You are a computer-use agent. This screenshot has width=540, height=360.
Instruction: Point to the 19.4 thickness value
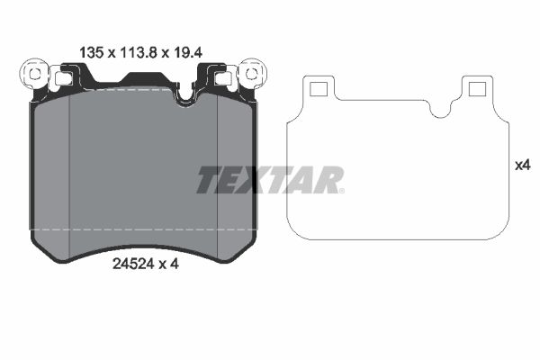(186, 52)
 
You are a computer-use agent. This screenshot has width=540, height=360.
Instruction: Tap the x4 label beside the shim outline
(522, 166)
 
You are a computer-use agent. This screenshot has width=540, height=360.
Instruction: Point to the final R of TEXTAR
(326, 180)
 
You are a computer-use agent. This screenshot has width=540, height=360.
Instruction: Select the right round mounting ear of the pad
(250, 71)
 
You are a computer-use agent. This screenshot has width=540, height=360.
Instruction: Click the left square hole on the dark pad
(63, 79)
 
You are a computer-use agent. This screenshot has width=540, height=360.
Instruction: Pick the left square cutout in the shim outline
(316, 87)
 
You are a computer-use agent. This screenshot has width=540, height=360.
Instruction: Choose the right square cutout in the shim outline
(474, 87)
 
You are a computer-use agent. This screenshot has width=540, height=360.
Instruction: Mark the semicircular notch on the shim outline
(440, 107)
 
